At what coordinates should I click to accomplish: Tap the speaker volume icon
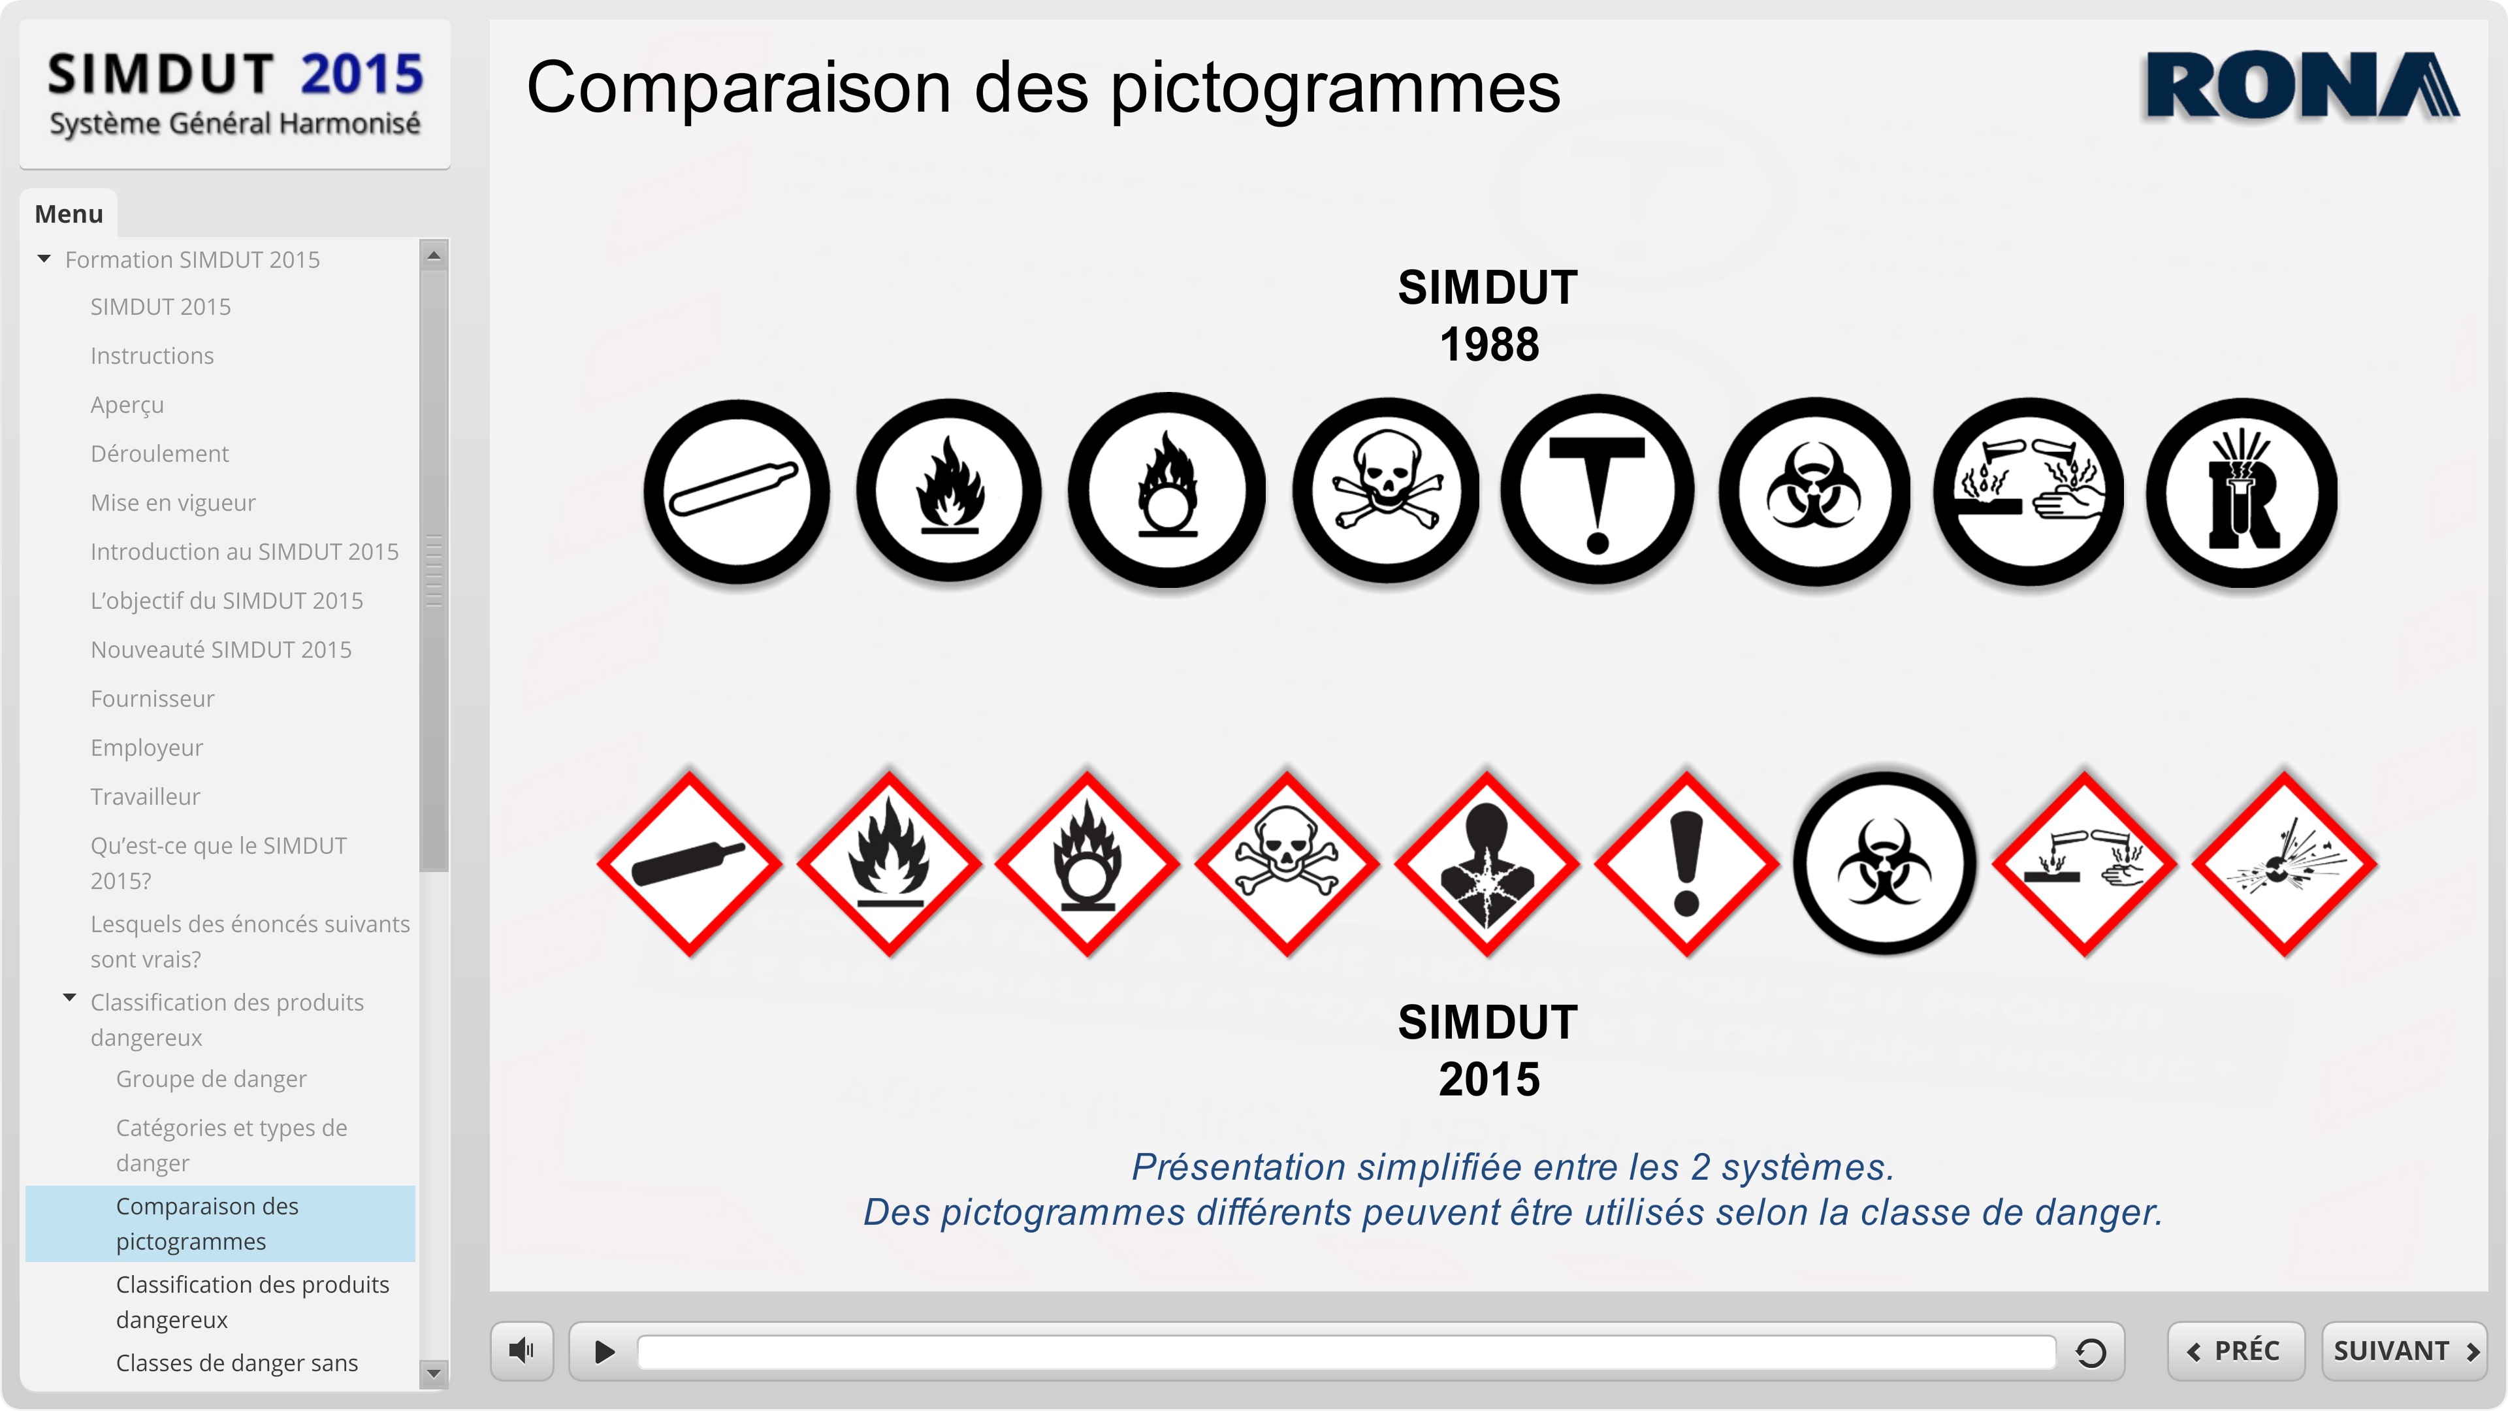coord(522,1351)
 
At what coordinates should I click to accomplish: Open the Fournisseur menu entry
coord(152,698)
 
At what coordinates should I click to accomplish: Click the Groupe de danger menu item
coord(210,1079)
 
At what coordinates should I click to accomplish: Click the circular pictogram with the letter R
coord(2242,493)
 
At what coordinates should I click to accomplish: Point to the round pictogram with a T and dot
coord(1597,490)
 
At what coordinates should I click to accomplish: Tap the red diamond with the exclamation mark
coord(1686,864)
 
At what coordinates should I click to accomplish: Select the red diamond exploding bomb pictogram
coord(2284,864)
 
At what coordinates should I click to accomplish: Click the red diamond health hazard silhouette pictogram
coord(1487,864)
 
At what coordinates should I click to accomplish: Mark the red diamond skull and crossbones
coord(1287,864)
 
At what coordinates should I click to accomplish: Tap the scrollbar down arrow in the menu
coord(434,1373)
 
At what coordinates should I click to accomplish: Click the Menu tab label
coord(69,213)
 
